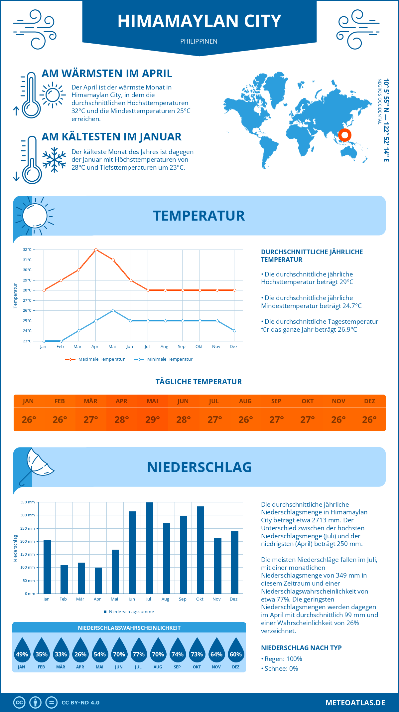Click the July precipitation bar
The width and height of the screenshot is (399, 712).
click(x=149, y=548)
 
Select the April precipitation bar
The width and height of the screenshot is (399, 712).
click(x=98, y=581)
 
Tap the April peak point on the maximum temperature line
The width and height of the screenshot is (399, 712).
click(x=96, y=250)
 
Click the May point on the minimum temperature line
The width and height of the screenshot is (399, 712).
click(x=113, y=310)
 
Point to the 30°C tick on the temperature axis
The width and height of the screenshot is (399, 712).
click(x=27, y=270)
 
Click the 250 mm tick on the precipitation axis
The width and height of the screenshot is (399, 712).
click(x=28, y=528)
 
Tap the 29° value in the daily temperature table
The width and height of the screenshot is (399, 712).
click(x=153, y=420)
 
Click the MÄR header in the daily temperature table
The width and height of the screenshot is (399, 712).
click(x=90, y=401)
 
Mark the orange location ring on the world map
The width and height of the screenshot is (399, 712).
click(x=345, y=135)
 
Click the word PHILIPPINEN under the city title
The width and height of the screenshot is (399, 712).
click(x=199, y=41)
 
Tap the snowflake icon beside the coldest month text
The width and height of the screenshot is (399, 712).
click(x=54, y=160)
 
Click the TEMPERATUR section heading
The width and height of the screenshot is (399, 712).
click(x=199, y=216)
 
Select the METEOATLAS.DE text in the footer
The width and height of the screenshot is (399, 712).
click(x=355, y=703)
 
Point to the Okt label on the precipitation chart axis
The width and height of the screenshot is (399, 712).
click(x=199, y=599)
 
